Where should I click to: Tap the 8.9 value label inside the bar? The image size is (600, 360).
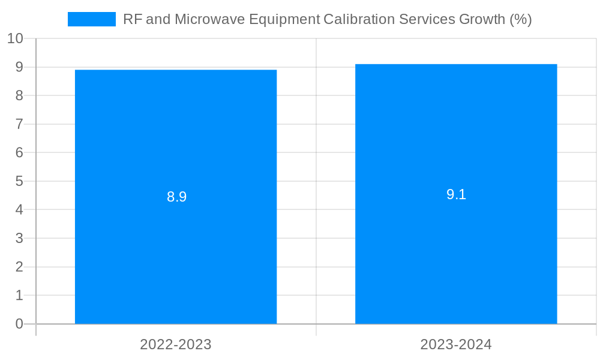click(176, 197)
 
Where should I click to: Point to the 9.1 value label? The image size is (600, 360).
click(456, 194)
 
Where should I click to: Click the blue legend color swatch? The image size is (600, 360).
click(91, 19)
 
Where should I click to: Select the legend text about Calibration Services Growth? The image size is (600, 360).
click(327, 19)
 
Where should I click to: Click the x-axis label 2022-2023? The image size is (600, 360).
click(176, 344)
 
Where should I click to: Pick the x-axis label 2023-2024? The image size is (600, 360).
click(456, 344)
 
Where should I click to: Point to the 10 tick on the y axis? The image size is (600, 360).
click(15, 38)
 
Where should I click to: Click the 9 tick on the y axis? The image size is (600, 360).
click(19, 67)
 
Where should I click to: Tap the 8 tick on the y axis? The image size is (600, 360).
click(19, 95)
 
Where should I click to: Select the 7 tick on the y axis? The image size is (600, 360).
click(19, 124)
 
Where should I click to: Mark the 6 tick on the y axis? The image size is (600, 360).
click(19, 152)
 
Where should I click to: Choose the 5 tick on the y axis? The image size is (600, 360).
click(19, 181)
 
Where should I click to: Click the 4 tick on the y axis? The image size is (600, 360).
click(19, 209)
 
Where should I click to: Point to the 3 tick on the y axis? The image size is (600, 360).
click(19, 238)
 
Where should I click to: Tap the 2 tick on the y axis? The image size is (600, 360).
click(19, 266)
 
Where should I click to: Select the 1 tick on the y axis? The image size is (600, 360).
click(19, 295)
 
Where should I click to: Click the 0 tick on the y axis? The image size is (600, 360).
click(19, 324)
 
